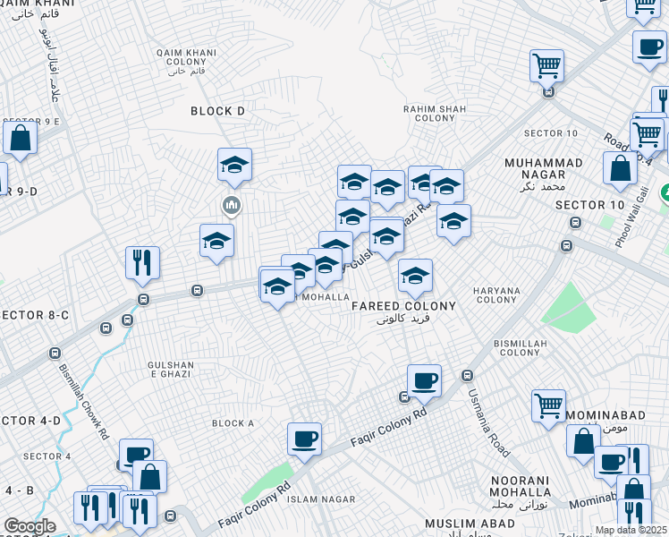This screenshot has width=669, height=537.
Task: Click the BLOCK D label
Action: (217, 111)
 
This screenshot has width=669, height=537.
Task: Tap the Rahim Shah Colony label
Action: (435, 114)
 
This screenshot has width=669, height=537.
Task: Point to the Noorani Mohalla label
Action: (520, 487)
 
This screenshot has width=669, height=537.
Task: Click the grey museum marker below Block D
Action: (232, 207)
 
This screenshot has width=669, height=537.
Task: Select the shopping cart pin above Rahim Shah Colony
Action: (546, 65)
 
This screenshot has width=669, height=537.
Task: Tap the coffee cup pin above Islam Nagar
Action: (304, 439)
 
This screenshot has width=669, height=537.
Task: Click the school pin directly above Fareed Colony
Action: (415, 277)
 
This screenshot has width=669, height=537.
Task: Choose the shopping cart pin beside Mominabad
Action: (548, 405)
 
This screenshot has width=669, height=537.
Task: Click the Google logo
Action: (30, 526)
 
